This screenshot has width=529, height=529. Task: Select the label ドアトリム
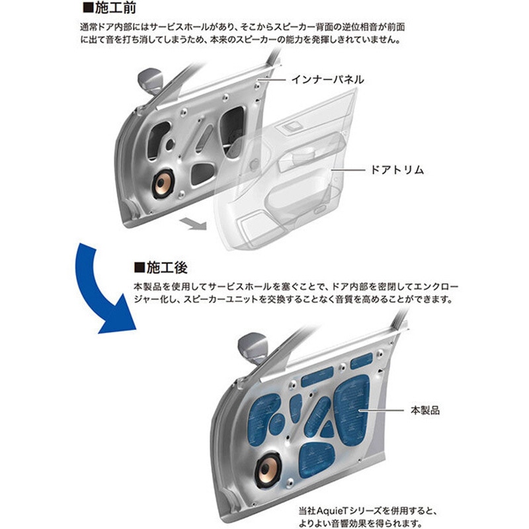[x=397, y=170]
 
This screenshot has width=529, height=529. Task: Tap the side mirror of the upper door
[x=150, y=81]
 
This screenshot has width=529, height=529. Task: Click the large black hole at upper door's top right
[x=235, y=126]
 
